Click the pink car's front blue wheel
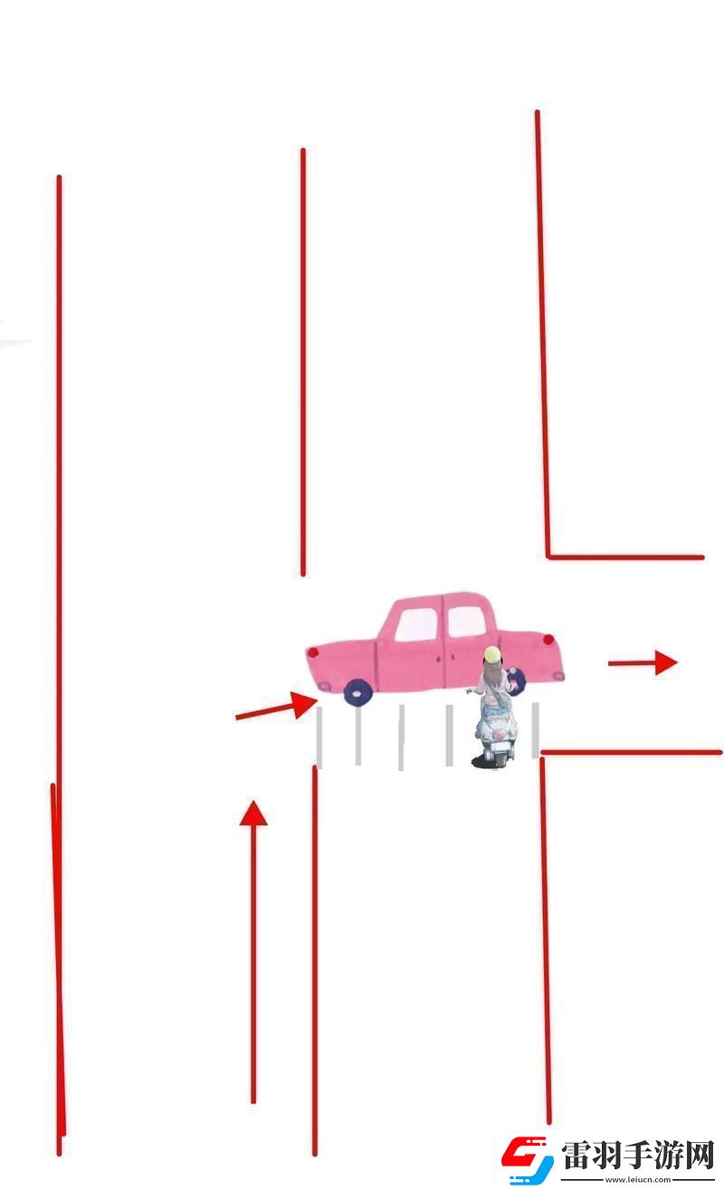click(x=357, y=692)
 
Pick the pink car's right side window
click(x=466, y=622)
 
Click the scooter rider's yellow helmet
click(x=491, y=654)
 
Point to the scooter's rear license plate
click(x=496, y=735)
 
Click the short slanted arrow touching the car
click(x=276, y=707)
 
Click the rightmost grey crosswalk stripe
click(x=535, y=729)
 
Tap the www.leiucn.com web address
click(x=638, y=1180)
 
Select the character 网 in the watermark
click(x=700, y=1156)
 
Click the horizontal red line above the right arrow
click(x=624, y=557)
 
